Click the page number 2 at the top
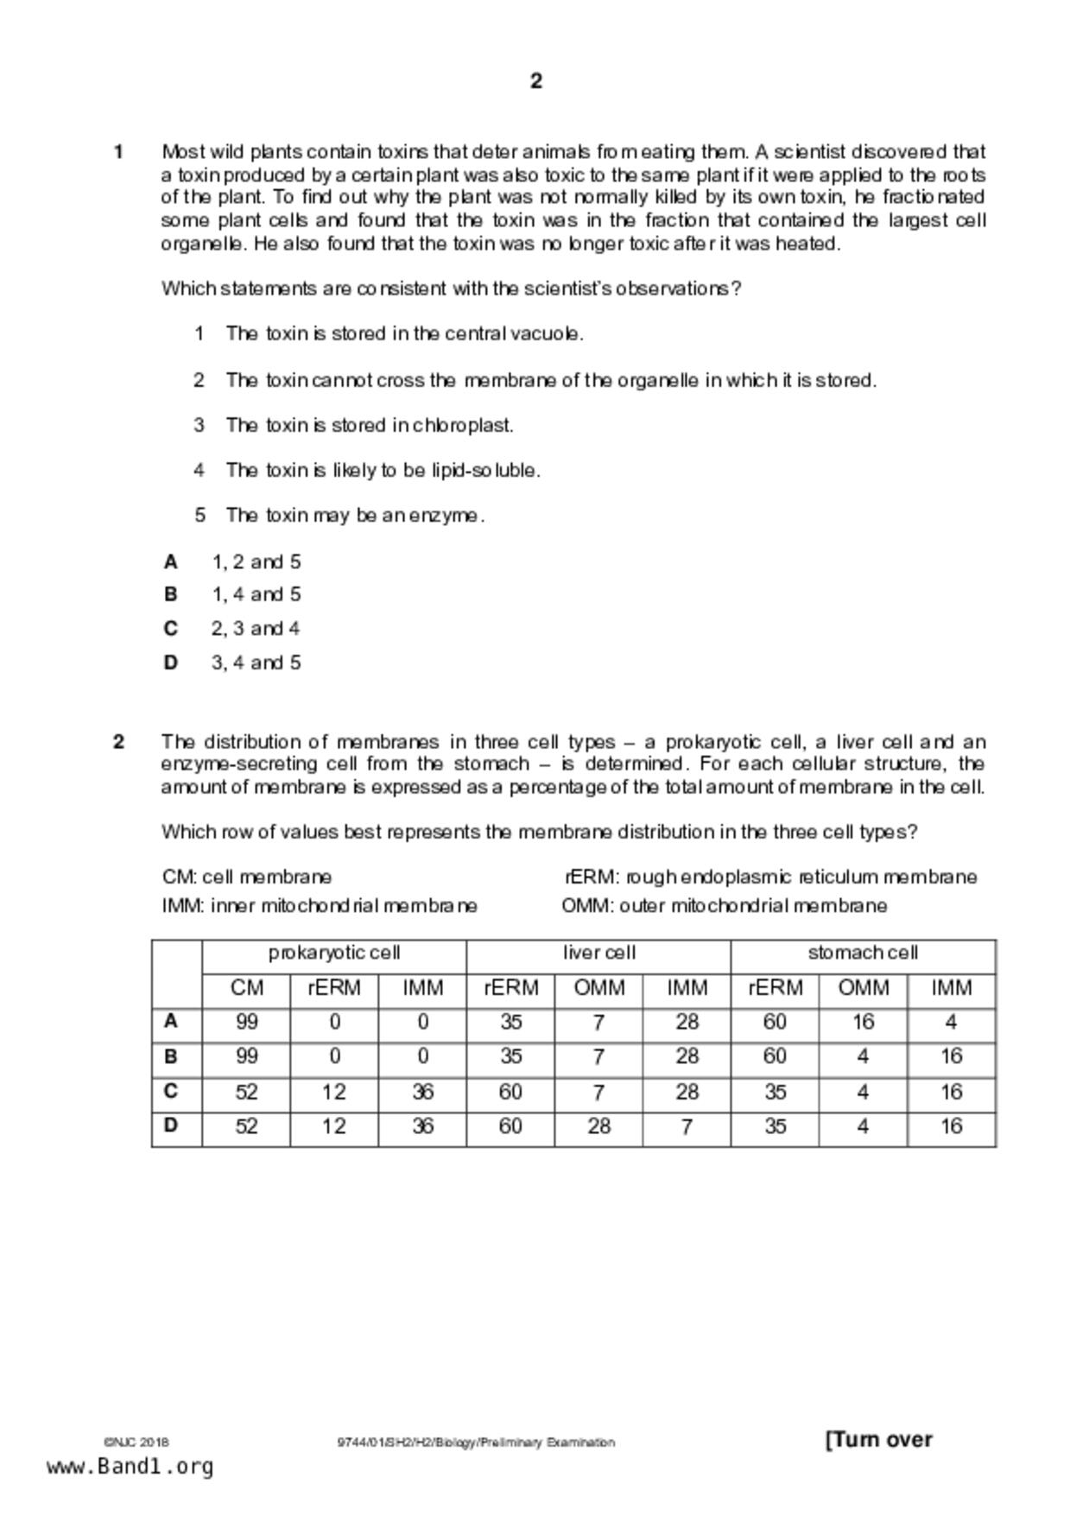click(x=535, y=81)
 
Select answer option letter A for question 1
click(x=171, y=562)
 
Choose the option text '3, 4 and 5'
click(x=256, y=662)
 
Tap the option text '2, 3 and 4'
click(x=256, y=629)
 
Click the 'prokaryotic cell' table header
click(x=334, y=954)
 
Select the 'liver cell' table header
click(x=598, y=954)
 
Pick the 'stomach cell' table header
click(x=863, y=954)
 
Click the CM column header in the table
click(x=246, y=988)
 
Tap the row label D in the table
click(x=171, y=1126)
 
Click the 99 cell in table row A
click(x=246, y=1023)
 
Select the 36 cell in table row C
click(x=422, y=1093)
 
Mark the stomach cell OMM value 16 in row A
click(x=863, y=1023)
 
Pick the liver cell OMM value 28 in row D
click(x=598, y=1126)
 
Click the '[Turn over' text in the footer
click(x=879, y=1440)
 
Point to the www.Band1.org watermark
click(x=130, y=1467)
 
